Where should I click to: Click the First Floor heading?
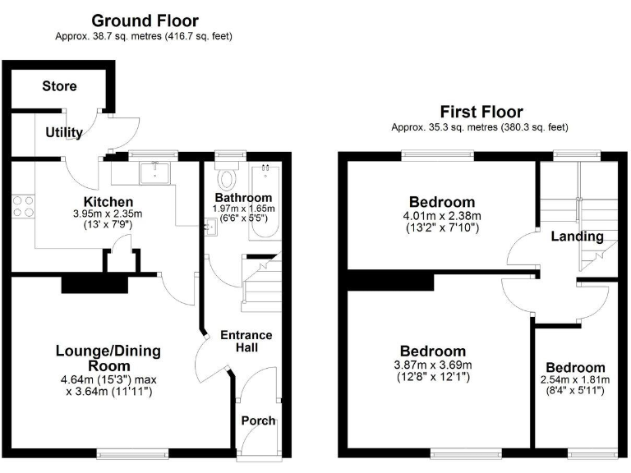tap(481, 112)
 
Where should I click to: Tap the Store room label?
tap(59, 86)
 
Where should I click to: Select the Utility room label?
tap(64, 132)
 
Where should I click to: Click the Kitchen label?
tap(108, 202)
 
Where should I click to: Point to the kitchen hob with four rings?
tap(23, 205)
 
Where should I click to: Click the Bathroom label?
tap(243, 198)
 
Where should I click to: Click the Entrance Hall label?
tap(246, 342)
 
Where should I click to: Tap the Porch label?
tap(258, 421)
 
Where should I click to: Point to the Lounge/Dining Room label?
tap(108, 358)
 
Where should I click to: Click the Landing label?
tap(577, 236)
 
